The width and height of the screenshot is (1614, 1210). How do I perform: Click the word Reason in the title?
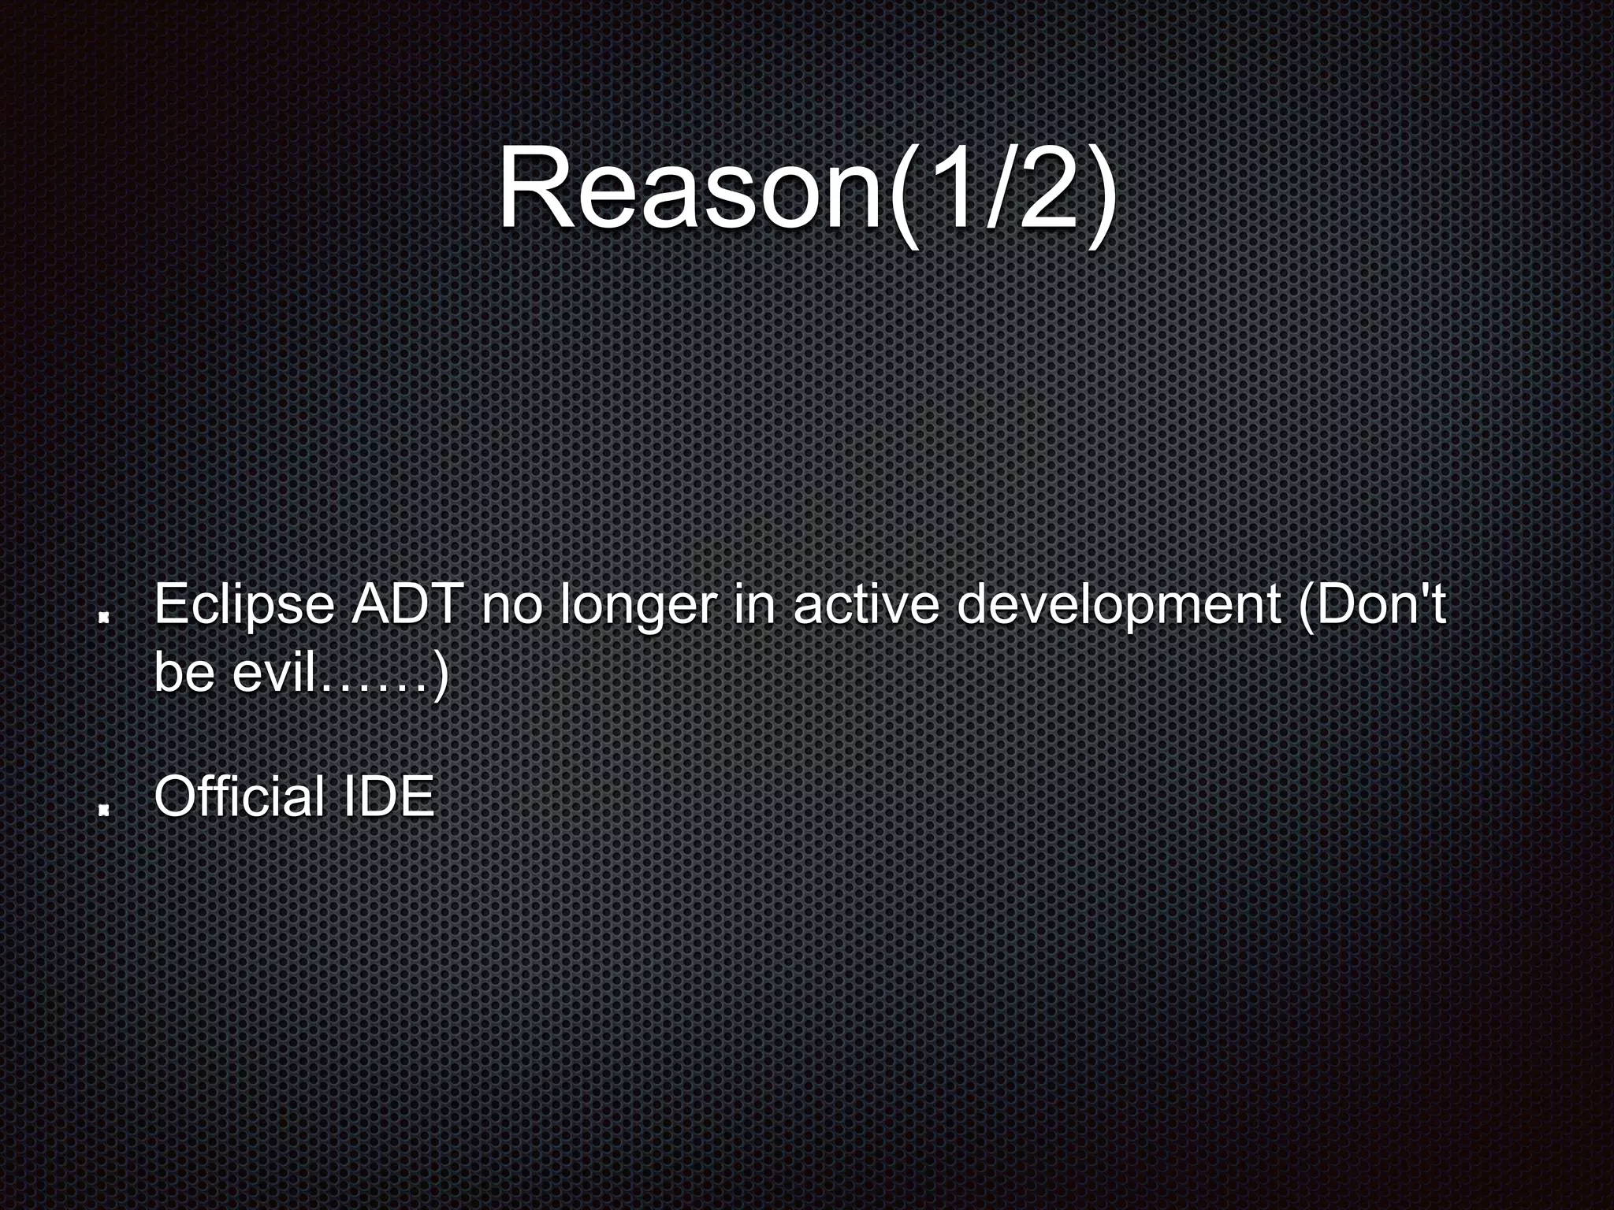tap(690, 193)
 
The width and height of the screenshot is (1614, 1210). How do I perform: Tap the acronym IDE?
tap(388, 796)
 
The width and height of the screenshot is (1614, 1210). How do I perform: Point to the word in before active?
tap(750, 605)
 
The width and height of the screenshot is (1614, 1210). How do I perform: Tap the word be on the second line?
tap(184, 673)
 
